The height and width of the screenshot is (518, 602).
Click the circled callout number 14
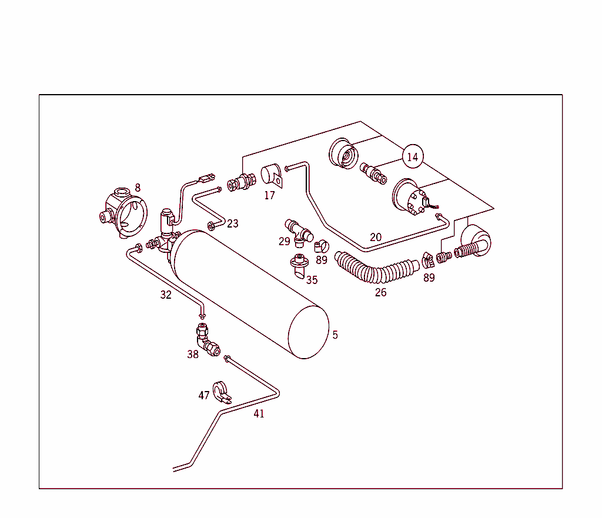tap(413, 157)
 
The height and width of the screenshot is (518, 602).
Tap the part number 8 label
tap(138, 188)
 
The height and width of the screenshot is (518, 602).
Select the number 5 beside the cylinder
tap(335, 335)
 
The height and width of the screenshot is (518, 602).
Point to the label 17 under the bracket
tap(269, 195)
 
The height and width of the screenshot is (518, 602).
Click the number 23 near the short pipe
tap(233, 223)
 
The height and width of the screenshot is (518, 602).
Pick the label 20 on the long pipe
tap(376, 238)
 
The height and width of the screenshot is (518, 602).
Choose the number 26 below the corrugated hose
tap(381, 292)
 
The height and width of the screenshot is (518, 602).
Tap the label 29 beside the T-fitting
tap(285, 241)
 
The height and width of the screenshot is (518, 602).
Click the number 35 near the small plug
tap(312, 280)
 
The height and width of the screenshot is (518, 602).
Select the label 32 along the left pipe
tap(166, 295)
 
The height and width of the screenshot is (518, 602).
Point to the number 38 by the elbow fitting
tap(193, 354)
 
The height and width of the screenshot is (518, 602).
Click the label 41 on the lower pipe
tap(259, 413)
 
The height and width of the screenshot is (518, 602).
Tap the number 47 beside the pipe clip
tap(204, 395)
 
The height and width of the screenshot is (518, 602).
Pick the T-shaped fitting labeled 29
tap(299, 230)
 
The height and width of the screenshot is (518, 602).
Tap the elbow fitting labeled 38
tap(206, 342)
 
